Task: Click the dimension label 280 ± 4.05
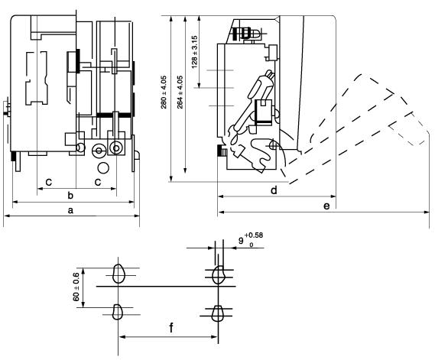pyautogui.click(x=164, y=92)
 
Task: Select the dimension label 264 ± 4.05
pyautogui.click(x=180, y=92)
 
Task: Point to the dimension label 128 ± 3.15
pyautogui.click(x=194, y=52)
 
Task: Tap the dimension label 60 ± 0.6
pyautogui.click(x=76, y=287)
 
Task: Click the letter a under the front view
pyautogui.click(x=70, y=210)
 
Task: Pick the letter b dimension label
pyautogui.click(x=70, y=195)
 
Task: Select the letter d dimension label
pyautogui.click(x=274, y=190)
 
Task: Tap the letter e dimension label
pyautogui.click(x=326, y=206)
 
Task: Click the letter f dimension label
pyautogui.click(x=171, y=328)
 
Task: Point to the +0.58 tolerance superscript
pyautogui.click(x=254, y=235)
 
